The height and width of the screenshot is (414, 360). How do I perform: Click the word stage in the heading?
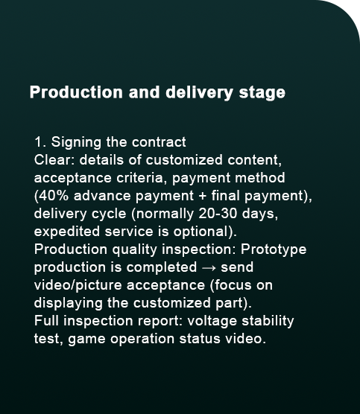point(262,92)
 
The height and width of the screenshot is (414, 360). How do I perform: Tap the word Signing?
point(76,142)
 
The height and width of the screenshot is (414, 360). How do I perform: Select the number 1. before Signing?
point(40,142)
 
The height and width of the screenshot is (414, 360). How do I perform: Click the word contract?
point(159,142)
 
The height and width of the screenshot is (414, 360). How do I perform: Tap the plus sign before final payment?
point(202,196)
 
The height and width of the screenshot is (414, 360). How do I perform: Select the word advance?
point(102,196)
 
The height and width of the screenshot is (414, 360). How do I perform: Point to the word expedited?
point(67,232)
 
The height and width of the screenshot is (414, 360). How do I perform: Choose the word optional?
point(202,232)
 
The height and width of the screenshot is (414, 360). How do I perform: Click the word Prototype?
point(274,249)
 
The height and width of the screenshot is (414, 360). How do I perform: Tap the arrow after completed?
point(209,268)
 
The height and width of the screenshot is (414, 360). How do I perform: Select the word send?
point(237,267)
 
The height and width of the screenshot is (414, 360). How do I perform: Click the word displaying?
point(68,303)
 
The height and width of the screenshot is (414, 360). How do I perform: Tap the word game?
point(86,340)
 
